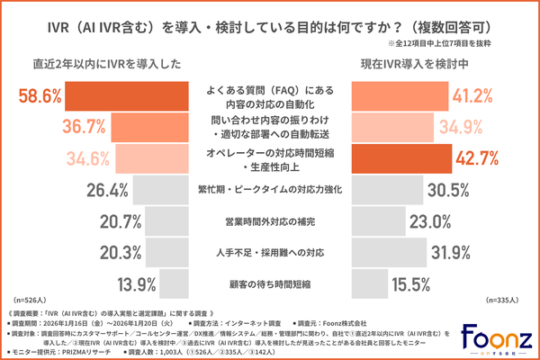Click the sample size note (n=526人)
(31, 298)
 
